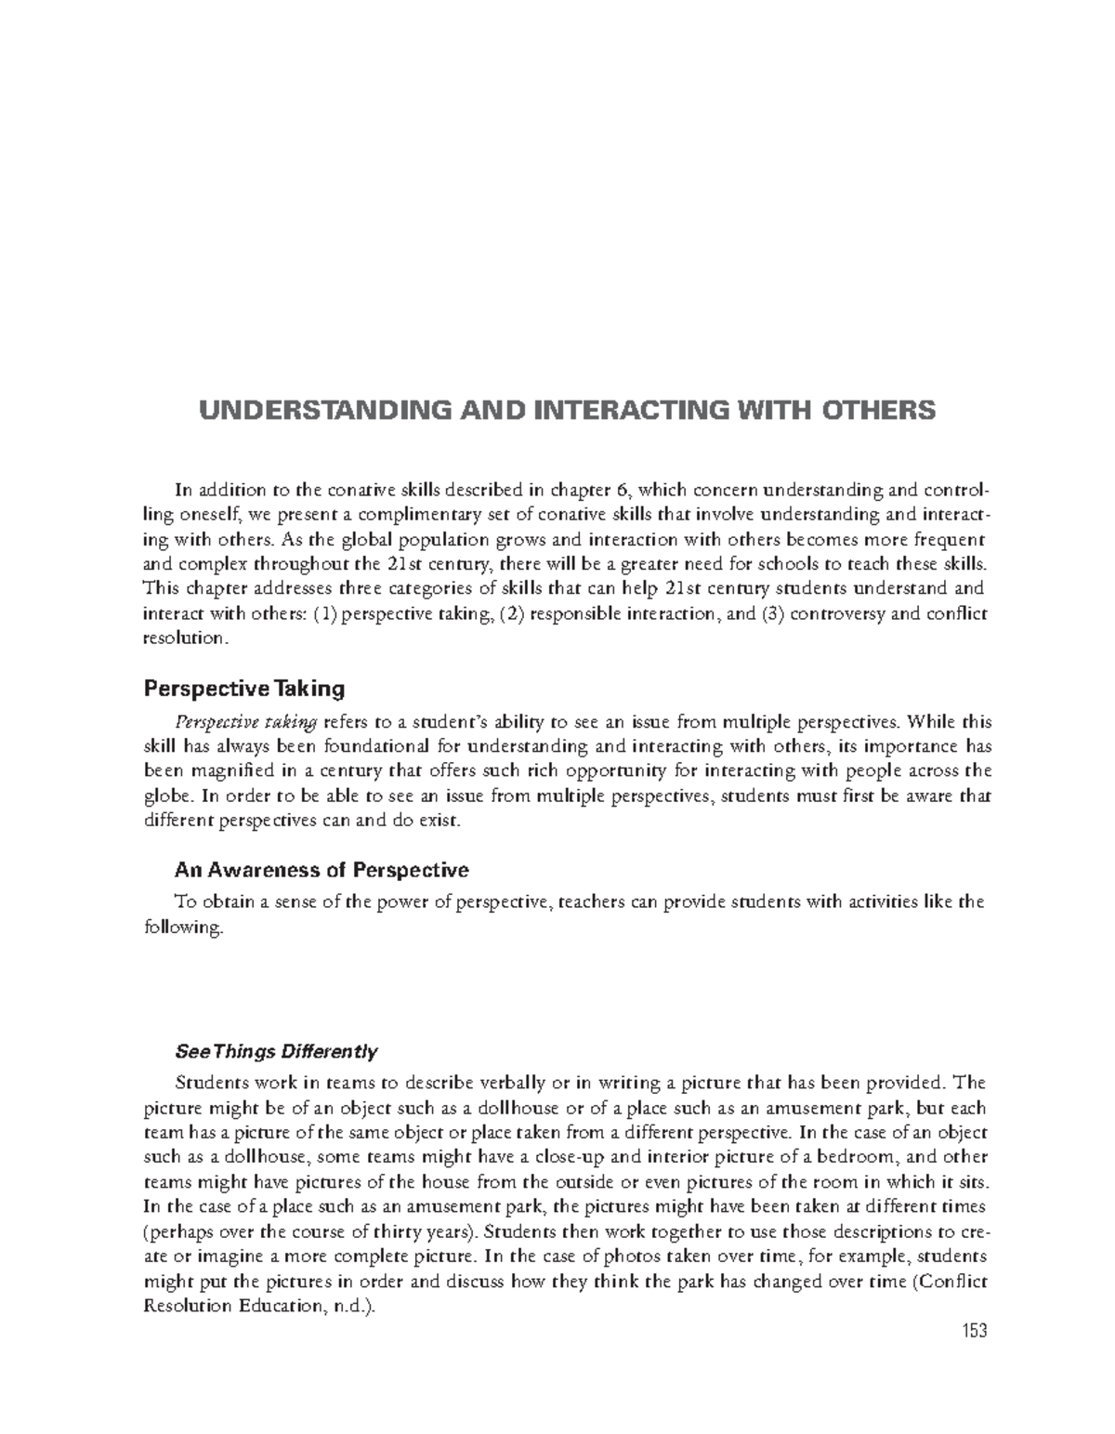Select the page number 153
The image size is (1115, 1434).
pyautogui.click(x=973, y=1332)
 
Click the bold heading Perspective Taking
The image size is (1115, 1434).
pyautogui.click(x=243, y=689)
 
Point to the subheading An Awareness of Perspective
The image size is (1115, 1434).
pyautogui.click(x=321, y=870)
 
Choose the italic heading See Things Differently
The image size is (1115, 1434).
pyautogui.click(x=276, y=1052)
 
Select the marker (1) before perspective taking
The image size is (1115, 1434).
pyautogui.click(x=325, y=613)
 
